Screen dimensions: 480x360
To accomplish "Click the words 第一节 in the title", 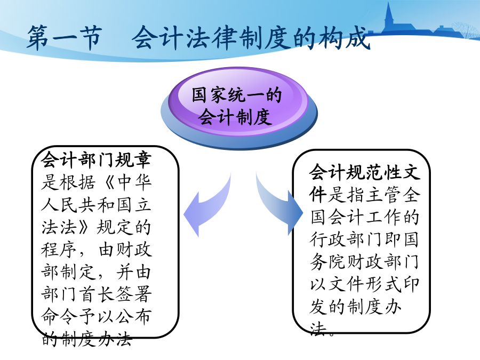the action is click(64, 38).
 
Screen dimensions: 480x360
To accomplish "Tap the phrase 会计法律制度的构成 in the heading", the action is click(252, 38).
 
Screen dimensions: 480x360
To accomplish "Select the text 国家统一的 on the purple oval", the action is click(237, 94).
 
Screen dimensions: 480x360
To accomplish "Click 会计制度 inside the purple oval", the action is click(235, 117).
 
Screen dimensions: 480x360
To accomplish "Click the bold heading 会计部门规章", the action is click(96, 159).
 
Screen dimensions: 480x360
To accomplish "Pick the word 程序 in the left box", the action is click(59, 250).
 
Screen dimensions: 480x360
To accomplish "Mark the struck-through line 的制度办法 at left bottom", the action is click(87, 339).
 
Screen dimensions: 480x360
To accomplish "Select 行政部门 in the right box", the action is click(346, 239).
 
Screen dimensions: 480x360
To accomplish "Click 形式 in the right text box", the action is click(383, 285).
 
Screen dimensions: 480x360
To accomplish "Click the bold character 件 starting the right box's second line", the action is click(318, 195).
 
